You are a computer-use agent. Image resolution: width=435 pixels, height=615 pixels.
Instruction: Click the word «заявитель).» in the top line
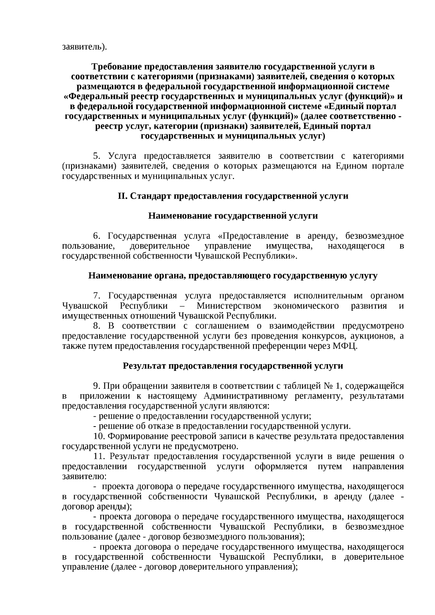click(x=84, y=47)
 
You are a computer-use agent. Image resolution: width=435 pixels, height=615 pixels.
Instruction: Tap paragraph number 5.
click(x=96, y=156)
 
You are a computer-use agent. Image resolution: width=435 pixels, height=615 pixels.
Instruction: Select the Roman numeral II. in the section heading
click(x=122, y=196)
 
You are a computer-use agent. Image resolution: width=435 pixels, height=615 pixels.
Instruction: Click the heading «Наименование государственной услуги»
click(x=233, y=216)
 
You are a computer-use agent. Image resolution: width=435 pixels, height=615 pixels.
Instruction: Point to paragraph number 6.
click(x=96, y=236)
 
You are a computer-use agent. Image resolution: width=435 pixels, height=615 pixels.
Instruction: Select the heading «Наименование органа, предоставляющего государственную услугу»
click(x=233, y=276)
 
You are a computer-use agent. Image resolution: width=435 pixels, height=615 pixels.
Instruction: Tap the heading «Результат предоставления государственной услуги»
click(x=233, y=366)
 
